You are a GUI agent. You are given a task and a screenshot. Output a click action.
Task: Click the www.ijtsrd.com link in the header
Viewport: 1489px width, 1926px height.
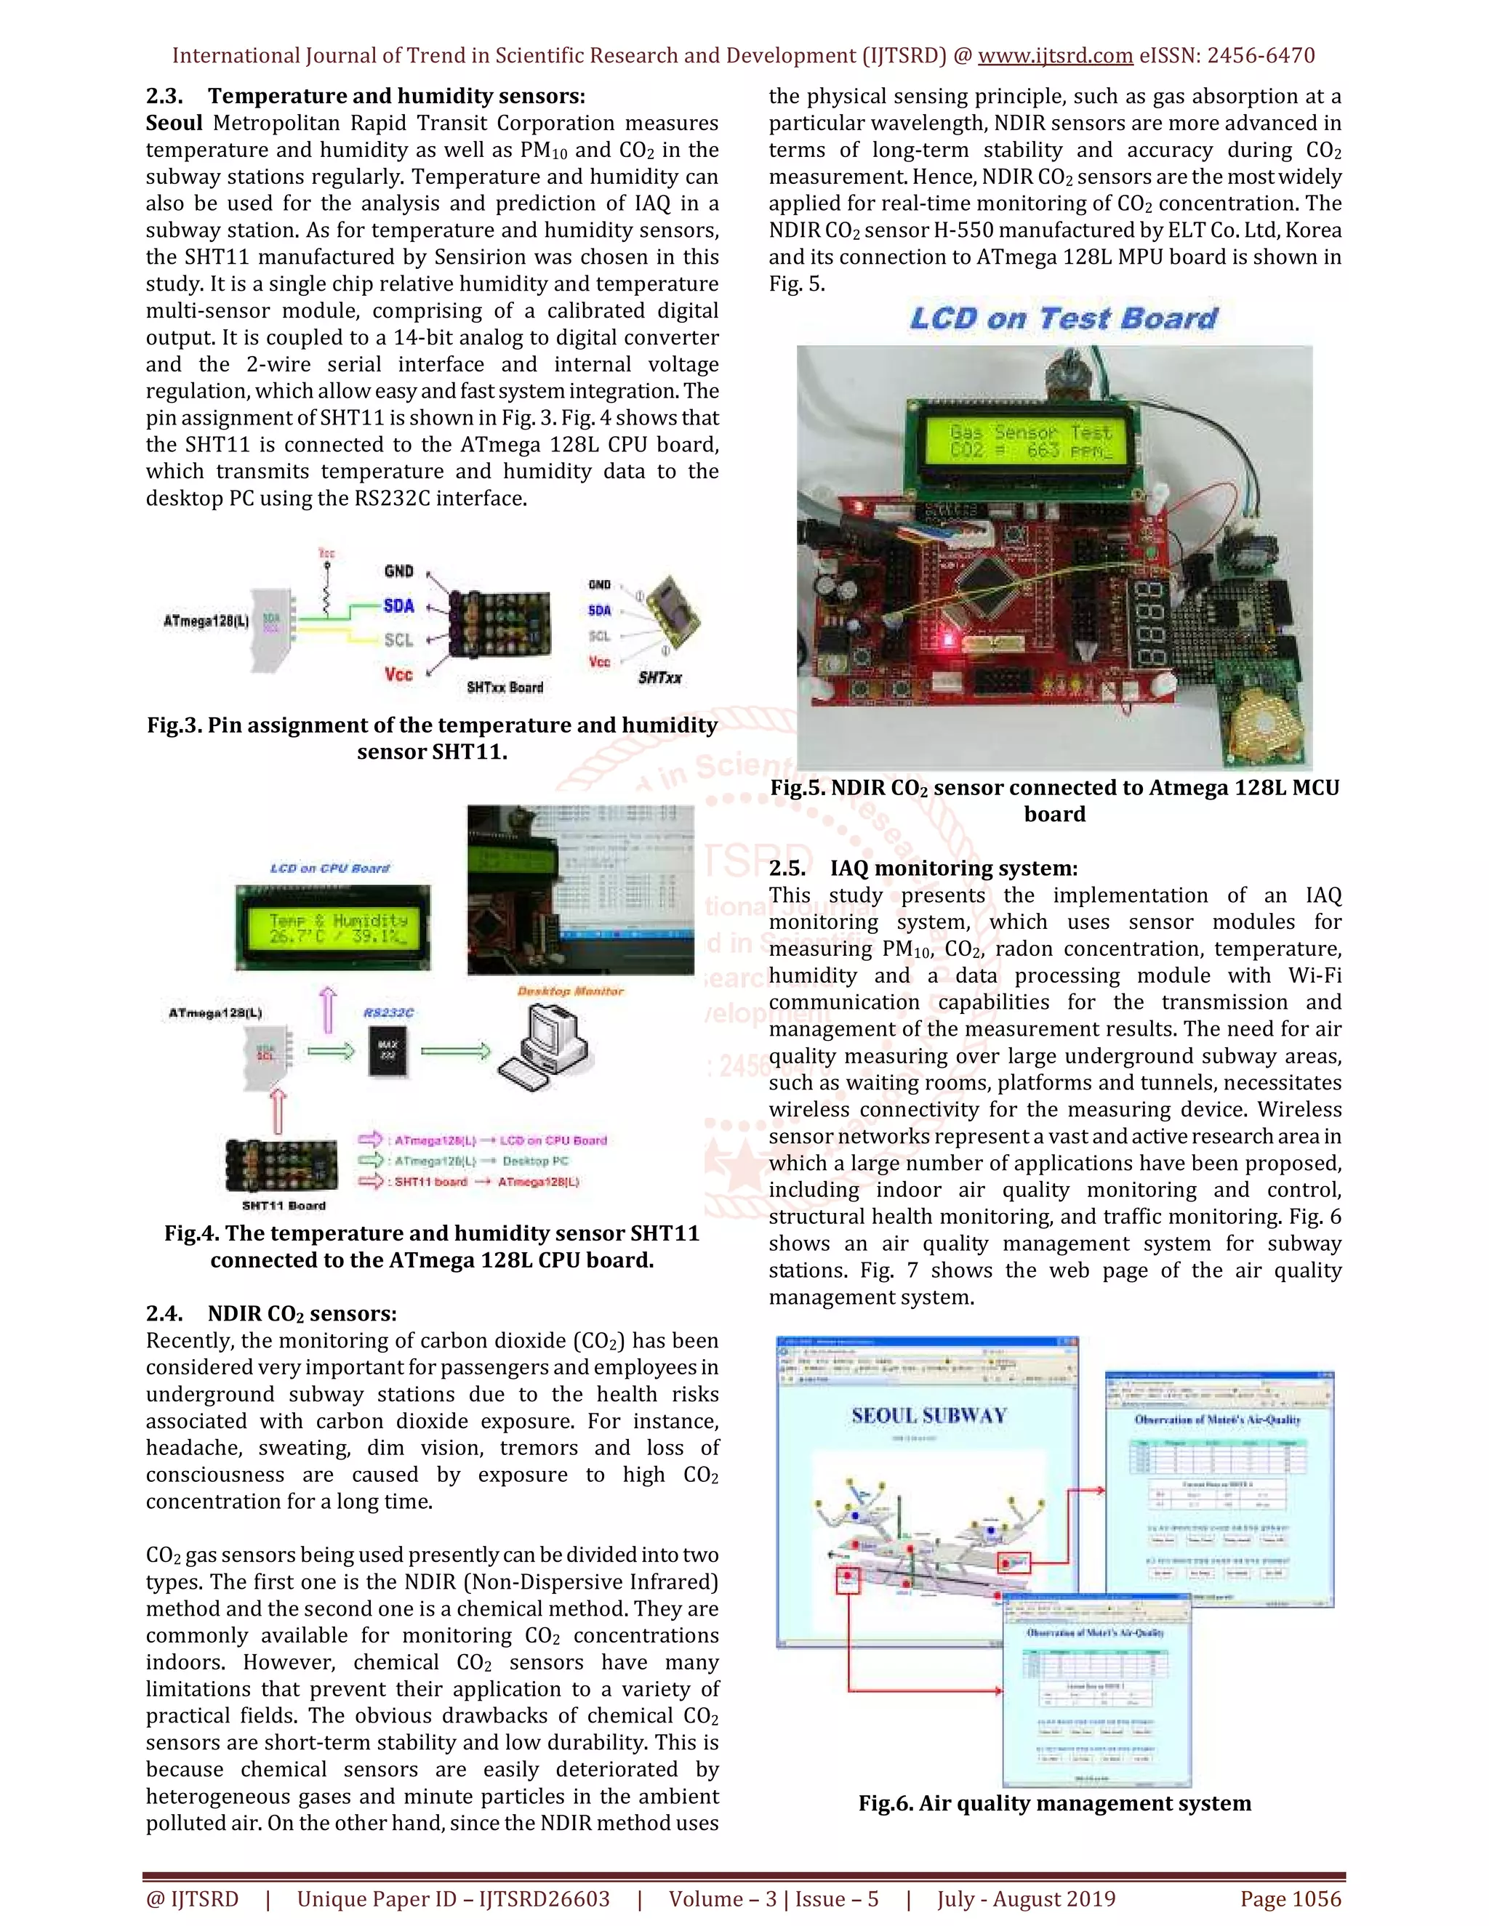pyautogui.click(x=1055, y=55)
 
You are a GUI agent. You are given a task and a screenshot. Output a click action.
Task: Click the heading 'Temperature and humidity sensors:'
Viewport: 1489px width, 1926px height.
pyautogui.click(x=396, y=96)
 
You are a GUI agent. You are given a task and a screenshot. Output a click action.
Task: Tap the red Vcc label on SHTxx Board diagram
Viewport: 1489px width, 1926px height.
pyautogui.click(x=398, y=674)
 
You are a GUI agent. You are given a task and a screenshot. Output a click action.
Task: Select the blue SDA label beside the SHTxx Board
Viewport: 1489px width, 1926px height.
pyautogui.click(x=398, y=606)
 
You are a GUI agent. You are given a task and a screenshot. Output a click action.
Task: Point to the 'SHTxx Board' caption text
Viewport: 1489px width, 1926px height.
pyautogui.click(x=505, y=687)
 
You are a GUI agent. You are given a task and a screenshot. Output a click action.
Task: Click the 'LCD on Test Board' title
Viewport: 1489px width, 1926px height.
pyautogui.click(x=1063, y=318)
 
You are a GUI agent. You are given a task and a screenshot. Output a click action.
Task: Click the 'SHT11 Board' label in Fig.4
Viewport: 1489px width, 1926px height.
pyautogui.click(x=283, y=1206)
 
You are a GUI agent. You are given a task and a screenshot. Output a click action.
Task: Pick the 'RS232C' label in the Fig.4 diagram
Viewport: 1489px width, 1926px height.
pyautogui.click(x=388, y=1012)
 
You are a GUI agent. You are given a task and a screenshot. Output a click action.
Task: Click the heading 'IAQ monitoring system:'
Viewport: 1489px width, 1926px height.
pyautogui.click(x=952, y=869)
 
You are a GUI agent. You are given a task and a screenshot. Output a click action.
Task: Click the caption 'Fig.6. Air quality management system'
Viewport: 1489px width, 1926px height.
pyautogui.click(x=1054, y=1803)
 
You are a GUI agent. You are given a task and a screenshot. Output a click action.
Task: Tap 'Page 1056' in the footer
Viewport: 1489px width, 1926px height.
pyautogui.click(x=1290, y=1898)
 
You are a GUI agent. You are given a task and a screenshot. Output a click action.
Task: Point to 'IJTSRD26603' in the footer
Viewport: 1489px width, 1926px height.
pyautogui.click(x=545, y=1898)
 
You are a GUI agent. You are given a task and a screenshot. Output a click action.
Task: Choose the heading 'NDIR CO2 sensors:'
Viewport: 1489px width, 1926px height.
pyautogui.click(x=302, y=1314)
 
